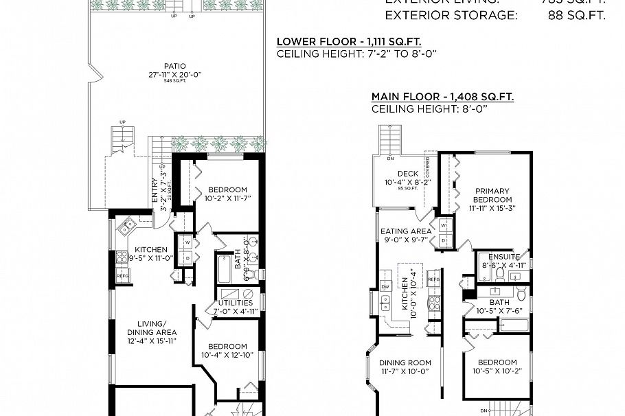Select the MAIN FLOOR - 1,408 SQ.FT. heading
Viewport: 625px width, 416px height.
point(442,97)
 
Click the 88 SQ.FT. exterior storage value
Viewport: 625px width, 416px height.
point(577,16)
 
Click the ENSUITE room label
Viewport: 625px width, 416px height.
point(504,257)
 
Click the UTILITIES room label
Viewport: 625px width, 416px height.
point(236,302)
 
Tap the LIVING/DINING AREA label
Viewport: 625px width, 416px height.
point(152,327)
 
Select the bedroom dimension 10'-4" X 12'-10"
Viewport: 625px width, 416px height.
point(227,355)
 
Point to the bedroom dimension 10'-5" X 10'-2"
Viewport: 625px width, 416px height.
point(497,371)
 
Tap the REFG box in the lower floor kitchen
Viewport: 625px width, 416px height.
point(123,276)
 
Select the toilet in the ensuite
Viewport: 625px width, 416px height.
point(501,275)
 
